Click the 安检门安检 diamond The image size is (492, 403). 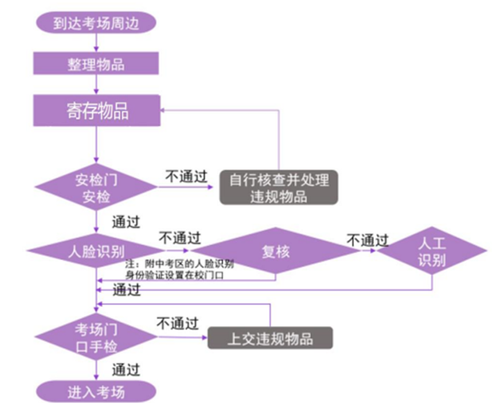tap(96, 187)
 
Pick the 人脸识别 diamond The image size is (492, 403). tap(96, 252)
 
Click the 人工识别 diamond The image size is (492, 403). tap(431, 252)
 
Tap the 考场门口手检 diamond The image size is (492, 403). tap(96, 337)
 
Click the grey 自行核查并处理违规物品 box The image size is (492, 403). tap(278, 187)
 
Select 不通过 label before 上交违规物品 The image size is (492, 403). tap(177, 324)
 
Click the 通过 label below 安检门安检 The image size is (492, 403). tap(126, 221)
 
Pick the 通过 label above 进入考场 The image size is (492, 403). tap(126, 370)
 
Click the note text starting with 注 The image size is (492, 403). tap(179, 269)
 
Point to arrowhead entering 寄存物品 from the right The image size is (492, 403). tap(163, 111)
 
